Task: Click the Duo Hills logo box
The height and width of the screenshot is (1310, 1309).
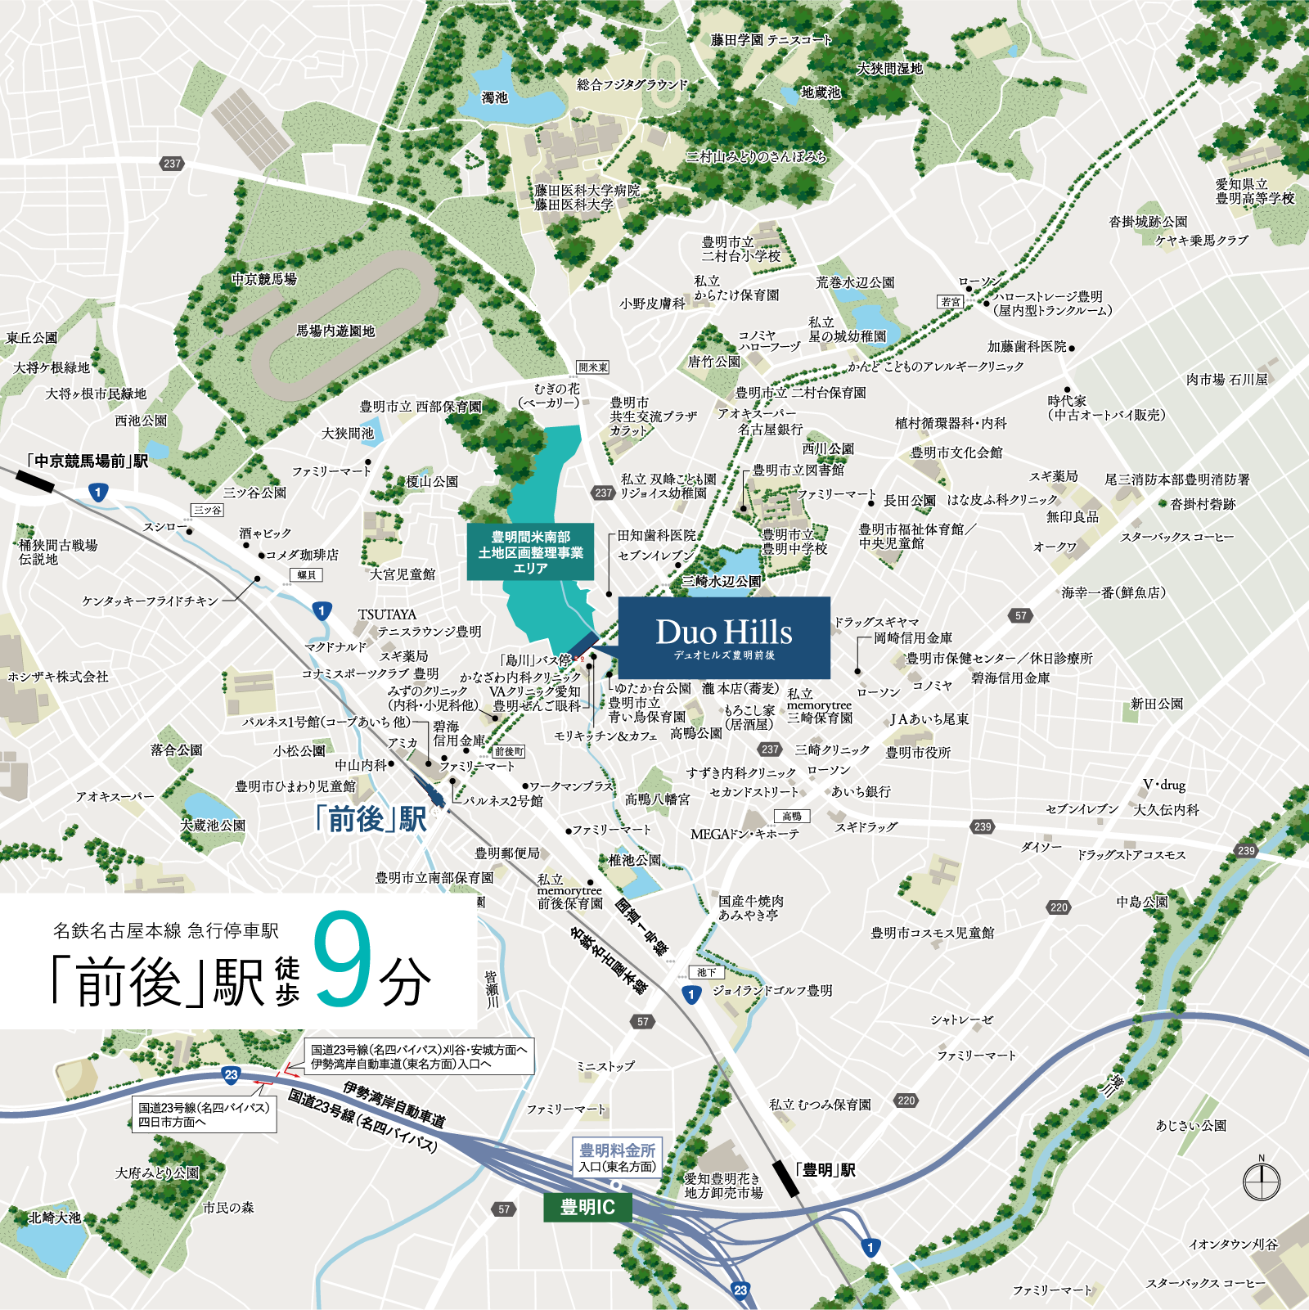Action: [724, 637]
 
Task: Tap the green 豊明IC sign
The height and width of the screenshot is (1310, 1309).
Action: [587, 1207]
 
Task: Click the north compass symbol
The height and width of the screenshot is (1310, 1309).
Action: [1261, 1182]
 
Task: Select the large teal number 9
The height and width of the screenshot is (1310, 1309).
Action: [342, 959]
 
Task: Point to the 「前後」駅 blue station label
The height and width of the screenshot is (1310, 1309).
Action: [371, 818]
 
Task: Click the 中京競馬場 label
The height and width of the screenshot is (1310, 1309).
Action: [263, 279]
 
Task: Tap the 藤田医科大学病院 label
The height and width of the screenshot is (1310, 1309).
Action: [587, 190]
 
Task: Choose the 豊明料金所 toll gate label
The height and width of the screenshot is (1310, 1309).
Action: [618, 1151]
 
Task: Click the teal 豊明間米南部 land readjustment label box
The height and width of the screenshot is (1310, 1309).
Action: [530, 551]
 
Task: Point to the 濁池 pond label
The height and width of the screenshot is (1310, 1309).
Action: [494, 97]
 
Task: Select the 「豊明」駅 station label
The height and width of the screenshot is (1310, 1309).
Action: [825, 1170]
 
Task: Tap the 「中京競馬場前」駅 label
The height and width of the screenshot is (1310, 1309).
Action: [87, 461]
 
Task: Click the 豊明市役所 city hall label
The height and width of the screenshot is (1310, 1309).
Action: [918, 752]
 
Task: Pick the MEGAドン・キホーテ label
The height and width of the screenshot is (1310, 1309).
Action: [744, 835]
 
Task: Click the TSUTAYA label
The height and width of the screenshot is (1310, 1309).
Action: [387, 614]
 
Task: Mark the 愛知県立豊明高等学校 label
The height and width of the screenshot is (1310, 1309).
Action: [1254, 191]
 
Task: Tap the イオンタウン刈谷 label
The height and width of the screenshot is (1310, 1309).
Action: [1233, 1245]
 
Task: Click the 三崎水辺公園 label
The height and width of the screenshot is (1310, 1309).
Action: [722, 581]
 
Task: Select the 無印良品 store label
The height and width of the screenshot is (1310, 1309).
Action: [1072, 516]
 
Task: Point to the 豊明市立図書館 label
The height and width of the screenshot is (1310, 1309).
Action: [798, 470]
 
